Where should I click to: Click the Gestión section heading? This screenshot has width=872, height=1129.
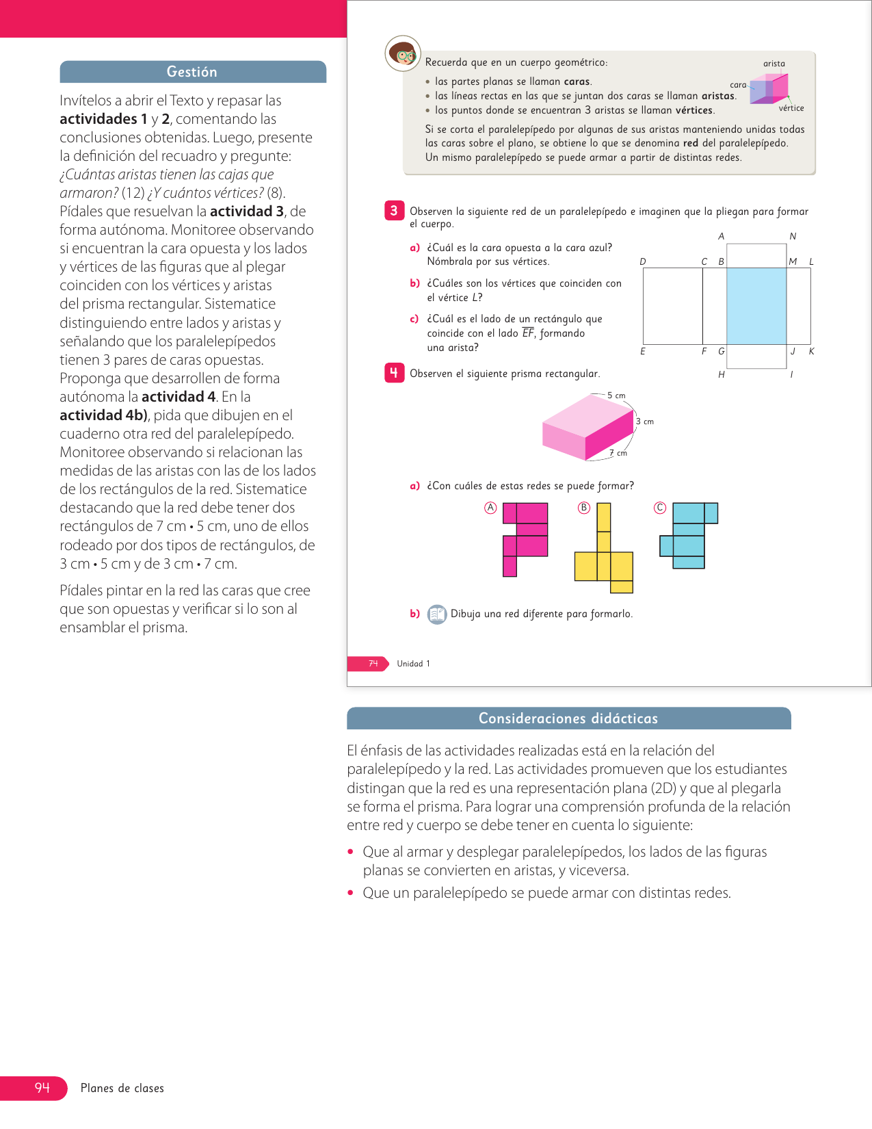pyautogui.click(x=192, y=72)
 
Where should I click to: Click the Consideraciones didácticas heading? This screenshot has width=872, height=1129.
pyautogui.click(x=568, y=718)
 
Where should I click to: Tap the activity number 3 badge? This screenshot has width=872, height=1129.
pyautogui.click(x=394, y=211)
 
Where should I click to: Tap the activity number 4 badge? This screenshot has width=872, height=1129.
pyautogui.click(x=394, y=373)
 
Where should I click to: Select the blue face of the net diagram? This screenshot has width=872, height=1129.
pyautogui.click(x=756, y=305)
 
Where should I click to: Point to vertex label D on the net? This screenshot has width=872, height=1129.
pyautogui.click(x=643, y=261)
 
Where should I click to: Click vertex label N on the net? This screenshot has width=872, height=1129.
pyautogui.click(x=793, y=236)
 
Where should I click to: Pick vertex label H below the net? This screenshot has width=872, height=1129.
pyautogui.click(x=722, y=375)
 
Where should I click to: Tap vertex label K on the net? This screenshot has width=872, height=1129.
pyautogui.click(x=812, y=351)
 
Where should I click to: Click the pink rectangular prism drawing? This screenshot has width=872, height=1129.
pyautogui.click(x=587, y=428)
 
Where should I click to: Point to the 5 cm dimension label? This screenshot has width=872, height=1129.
pyautogui.click(x=616, y=395)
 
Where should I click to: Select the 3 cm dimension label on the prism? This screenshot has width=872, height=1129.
pyautogui.click(x=645, y=421)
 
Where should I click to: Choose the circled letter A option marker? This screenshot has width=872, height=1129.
pyautogui.click(x=490, y=508)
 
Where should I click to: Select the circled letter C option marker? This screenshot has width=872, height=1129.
pyautogui.click(x=659, y=508)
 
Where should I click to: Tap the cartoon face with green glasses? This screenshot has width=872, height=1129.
pyautogui.click(x=403, y=53)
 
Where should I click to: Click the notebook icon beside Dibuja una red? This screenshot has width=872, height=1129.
pyautogui.click(x=436, y=614)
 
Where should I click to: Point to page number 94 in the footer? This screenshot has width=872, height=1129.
pyautogui.click(x=42, y=1088)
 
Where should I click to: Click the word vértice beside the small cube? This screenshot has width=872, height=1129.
pyautogui.click(x=791, y=108)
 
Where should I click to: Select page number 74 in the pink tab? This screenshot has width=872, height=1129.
pyautogui.click(x=373, y=664)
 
